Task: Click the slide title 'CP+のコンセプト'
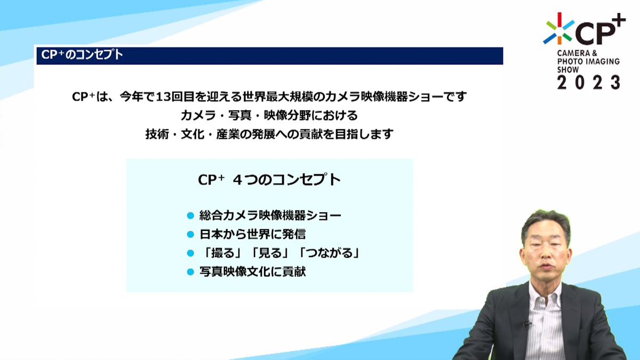click(82, 55)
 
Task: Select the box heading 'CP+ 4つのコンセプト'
click(269, 180)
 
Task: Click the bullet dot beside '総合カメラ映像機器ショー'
click(190, 215)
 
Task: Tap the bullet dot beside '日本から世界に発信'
click(190, 235)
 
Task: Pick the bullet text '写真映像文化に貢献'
click(253, 271)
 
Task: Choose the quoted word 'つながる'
click(329, 253)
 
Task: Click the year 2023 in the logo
click(589, 83)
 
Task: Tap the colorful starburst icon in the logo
click(559, 29)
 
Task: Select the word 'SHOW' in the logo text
click(568, 70)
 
